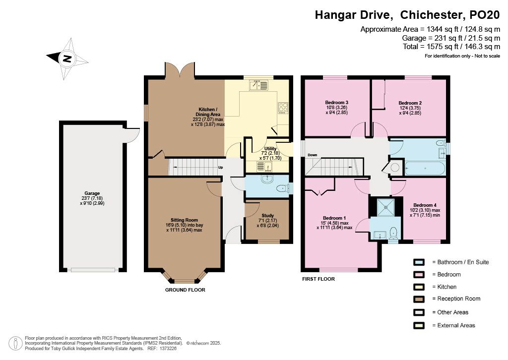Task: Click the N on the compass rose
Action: [x=67, y=59]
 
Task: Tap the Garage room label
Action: [x=92, y=193]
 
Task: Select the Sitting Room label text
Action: [x=184, y=220]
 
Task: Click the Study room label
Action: [x=267, y=215]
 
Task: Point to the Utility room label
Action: [x=270, y=149]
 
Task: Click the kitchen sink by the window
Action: [x=259, y=85]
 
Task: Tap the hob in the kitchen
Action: [x=283, y=108]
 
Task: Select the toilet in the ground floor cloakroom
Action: [x=283, y=188]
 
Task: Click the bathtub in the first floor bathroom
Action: [x=425, y=168]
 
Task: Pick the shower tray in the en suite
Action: [x=386, y=207]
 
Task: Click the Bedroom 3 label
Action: [x=337, y=102]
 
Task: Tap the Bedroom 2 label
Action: [x=410, y=103]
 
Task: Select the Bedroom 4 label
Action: [x=425, y=205]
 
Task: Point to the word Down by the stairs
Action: [x=313, y=155]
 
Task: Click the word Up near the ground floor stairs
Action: [x=221, y=168]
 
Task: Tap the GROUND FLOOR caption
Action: [x=185, y=290]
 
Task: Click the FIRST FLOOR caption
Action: [x=318, y=279]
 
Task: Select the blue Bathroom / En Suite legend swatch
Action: [x=419, y=262]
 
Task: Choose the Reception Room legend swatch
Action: [x=419, y=299]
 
